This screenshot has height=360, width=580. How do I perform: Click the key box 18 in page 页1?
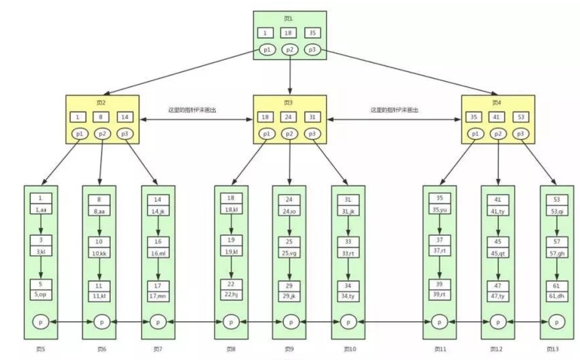pyautogui.click(x=288, y=33)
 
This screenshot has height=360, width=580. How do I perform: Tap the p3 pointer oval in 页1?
pyautogui.click(x=312, y=50)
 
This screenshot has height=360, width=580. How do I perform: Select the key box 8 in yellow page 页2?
pyautogui.click(x=101, y=117)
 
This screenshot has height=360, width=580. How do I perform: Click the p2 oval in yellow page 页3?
pyautogui.click(x=289, y=134)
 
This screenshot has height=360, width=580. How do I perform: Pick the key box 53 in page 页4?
pyautogui.click(x=521, y=117)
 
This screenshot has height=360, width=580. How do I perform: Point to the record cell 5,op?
pyautogui.click(x=41, y=294)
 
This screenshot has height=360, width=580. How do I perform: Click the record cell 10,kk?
pyautogui.click(x=99, y=254)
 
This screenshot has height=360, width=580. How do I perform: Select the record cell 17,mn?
pyautogui.click(x=158, y=296)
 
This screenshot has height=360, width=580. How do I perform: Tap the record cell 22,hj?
pyautogui.click(x=231, y=294)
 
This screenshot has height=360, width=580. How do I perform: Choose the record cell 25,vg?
pyautogui.click(x=289, y=253)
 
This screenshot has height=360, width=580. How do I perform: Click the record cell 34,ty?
pyautogui.click(x=348, y=296)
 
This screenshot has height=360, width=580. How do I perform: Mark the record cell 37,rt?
pyautogui.click(x=439, y=251)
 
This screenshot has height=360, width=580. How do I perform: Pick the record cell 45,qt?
pyautogui.click(x=498, y=254)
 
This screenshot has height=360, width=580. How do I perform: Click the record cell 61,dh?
pyautogui.click(x=556, y=296)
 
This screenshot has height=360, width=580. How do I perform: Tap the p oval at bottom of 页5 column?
pyautogui.click(x=41, y=322)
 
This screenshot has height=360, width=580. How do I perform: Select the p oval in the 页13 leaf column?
pyautogui.click(x=556, y=322)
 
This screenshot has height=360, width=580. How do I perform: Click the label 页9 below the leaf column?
pyautogui.click(x=289, y=349)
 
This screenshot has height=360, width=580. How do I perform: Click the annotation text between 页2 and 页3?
pyautogui.click(x=192, y=110)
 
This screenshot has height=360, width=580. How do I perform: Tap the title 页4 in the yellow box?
pyautogui.click(x=496, y=103)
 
